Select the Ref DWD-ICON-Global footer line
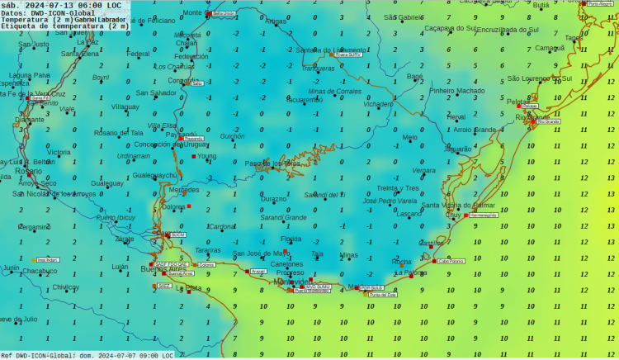click(x=87, y=355)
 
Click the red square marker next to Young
click(x=195, y=155)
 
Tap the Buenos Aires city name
click(x=163, y=269)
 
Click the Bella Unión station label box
click(x=223, y=14)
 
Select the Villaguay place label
click(x=125, y=107)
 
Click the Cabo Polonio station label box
click(x=451, y=261)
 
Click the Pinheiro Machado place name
click(x=457, y=91)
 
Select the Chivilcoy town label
click(x=65, y=287)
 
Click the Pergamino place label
click(x=34, y=227)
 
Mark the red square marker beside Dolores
click(x=189, y=206)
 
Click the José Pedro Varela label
click(x=390, y=201)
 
